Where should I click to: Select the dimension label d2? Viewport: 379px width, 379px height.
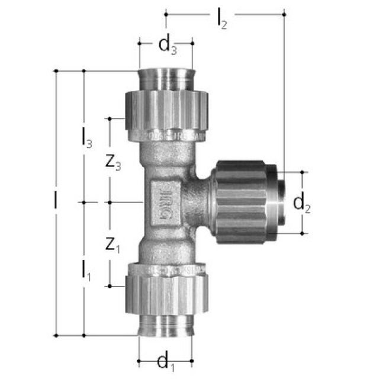click(302, 203)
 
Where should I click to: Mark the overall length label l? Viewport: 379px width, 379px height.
click(55, 201)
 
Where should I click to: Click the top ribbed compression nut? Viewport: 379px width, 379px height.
click(165, 110)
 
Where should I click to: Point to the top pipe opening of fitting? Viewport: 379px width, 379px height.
click(166, 77)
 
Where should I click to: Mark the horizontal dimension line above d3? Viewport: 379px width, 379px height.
click(166, 43)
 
